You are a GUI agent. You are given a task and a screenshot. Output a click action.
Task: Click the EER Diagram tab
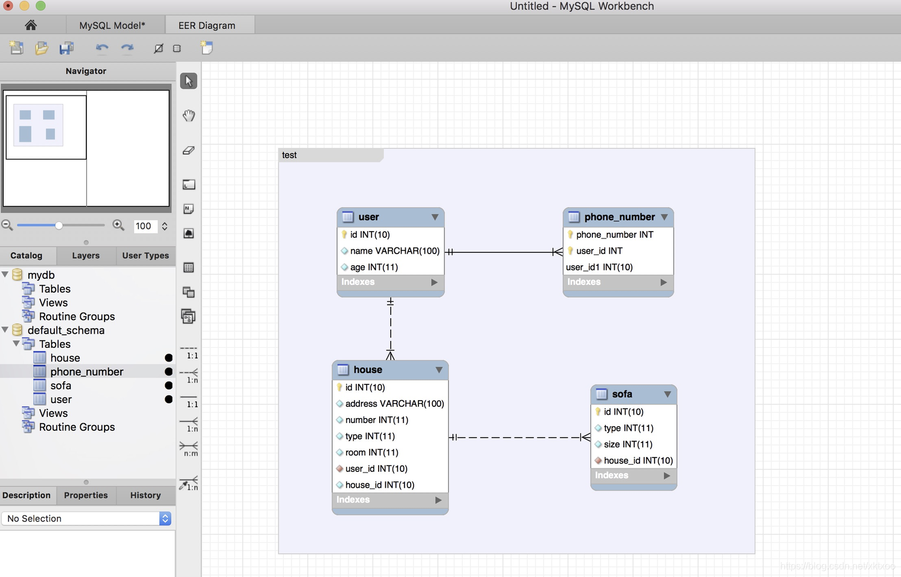207,25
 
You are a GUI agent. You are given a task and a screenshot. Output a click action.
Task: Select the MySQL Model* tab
112,25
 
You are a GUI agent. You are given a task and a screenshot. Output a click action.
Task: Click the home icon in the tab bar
31,25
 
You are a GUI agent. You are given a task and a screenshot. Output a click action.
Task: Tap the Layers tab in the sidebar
86,255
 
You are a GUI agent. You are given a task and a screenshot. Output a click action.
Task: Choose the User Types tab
146,255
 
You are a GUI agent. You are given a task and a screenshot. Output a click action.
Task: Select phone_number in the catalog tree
86,372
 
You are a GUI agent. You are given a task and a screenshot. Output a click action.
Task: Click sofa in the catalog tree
60,386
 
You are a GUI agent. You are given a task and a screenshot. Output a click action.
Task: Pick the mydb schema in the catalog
41,275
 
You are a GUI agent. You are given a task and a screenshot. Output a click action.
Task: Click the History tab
146,495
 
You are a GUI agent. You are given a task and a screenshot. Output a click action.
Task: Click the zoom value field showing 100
144,226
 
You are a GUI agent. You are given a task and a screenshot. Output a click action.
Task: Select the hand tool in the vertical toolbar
189,115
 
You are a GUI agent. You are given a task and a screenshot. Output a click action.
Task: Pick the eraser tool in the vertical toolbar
189,150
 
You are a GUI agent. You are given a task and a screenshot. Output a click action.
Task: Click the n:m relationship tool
189,448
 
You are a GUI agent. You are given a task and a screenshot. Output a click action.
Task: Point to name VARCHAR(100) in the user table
394,251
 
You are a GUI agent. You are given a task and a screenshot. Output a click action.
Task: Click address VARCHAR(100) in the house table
394,404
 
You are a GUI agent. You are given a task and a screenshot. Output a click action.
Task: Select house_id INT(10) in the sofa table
638,461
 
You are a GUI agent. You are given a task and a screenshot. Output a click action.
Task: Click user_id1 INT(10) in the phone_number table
599,267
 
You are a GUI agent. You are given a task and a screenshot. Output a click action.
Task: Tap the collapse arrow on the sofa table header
667,394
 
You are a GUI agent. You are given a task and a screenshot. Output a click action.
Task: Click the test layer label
289,155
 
